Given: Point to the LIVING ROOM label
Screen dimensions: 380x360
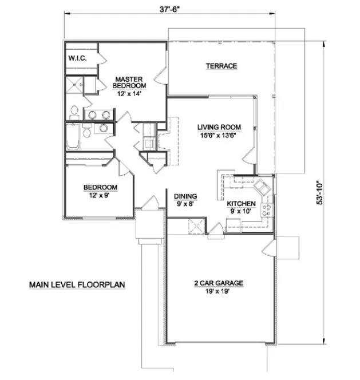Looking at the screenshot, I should [x=219, y=127].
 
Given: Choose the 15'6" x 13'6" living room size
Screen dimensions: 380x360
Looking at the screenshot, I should [x=219, y=136].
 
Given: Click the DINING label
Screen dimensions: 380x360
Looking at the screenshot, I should [x=185, y=196].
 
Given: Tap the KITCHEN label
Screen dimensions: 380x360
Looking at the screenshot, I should [x=241, y=204].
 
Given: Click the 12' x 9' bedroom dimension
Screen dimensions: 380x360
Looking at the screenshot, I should [x=100, y=196].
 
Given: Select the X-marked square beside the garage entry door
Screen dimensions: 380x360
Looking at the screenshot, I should [x=195, y=227].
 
